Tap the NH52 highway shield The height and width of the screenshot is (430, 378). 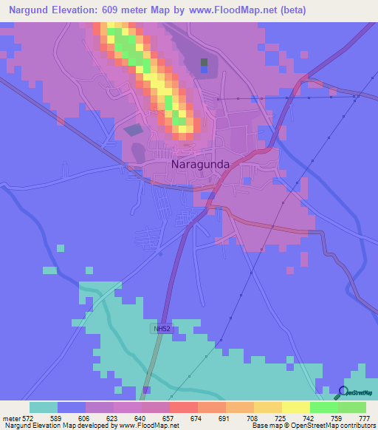[x=162, y=329]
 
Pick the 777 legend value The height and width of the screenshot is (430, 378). [x=362, y=417]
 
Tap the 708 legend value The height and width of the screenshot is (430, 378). [x=245, y=417]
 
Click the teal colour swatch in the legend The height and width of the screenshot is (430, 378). [x=44, y=407]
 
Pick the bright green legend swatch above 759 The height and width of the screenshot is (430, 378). [x=324, y=407]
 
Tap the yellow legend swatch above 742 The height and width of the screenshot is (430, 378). [x=296, y=407]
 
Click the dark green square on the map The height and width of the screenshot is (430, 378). [x=205, y=62]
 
